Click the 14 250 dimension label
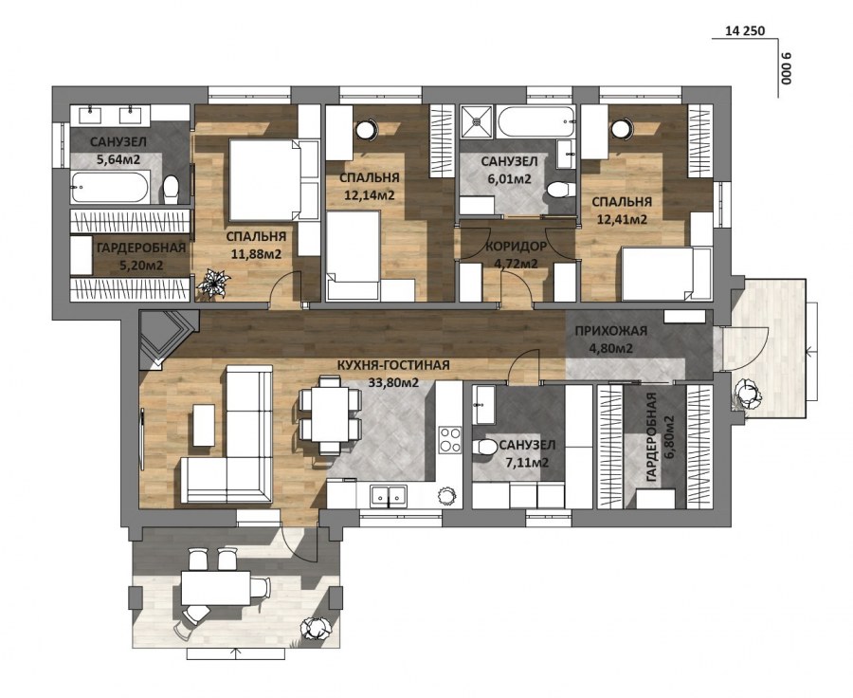click(x=744, y=31)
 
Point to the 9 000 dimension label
click(x=786, y=69)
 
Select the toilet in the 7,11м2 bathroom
click(x=485, y=449)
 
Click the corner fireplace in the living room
click(x=160, y=336)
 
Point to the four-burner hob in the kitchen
click(x=449, y=441)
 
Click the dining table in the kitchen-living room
click(x=330, y=414)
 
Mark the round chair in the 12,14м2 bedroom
click(x=367, y=128)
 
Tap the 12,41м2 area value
click(x=621, y=220)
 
